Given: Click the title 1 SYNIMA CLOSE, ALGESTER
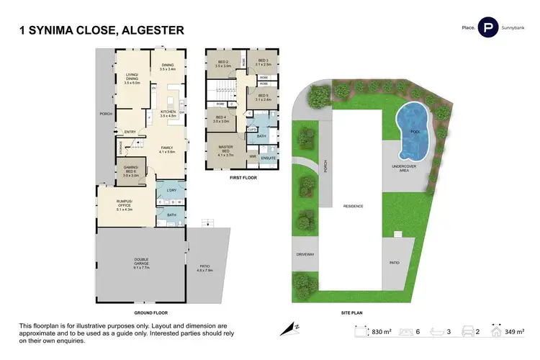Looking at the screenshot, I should tap(100, 30).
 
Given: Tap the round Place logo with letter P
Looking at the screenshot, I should tap(490, 27).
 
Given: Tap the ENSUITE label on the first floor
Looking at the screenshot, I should tap(269, 157).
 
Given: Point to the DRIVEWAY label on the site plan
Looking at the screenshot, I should tap(305, 255).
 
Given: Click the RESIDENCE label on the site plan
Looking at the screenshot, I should tap(353, 207).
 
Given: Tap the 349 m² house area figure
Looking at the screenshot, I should tap(517, 331).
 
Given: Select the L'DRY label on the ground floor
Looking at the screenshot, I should tap(171, 189).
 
